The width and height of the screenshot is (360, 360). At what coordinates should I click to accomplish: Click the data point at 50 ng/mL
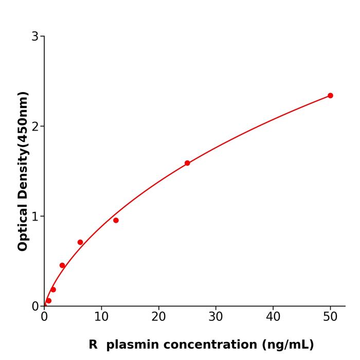(330, 96)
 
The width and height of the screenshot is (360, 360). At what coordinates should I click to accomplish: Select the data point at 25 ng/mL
(187, 163)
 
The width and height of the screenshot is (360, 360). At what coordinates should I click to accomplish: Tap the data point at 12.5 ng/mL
(116, 220)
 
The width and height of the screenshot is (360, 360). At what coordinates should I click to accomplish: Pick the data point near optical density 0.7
(80, 242)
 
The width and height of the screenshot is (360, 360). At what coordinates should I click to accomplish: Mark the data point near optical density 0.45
(62, 265)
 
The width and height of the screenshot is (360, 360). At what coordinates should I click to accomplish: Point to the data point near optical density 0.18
(53, 290)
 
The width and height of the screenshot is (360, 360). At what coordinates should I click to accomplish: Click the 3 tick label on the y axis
(35, 37)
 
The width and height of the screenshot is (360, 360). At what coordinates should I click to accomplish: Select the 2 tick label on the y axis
(35, 127)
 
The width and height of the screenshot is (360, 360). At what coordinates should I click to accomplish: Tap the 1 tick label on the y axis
(35, 217)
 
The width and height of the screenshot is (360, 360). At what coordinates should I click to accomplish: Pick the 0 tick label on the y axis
(35, 307)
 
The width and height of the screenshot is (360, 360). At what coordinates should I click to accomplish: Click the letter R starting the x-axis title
(93, 345)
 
